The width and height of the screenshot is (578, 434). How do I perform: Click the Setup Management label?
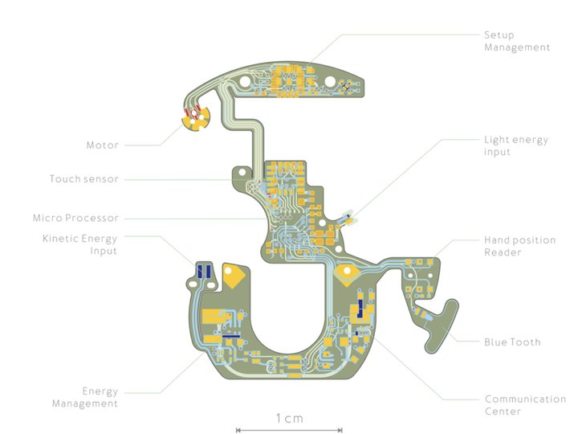click(517, 41)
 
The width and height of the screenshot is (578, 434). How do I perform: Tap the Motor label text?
click(102, 145)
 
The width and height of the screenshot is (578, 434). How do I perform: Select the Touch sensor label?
click(83, 179)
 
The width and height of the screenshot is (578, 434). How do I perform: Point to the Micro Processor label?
click(75, 218)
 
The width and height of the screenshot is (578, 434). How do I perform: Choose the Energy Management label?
click(85, 397)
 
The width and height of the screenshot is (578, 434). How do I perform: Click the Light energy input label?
click(515, 145)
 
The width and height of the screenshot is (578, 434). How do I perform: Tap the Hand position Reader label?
click(515, 246)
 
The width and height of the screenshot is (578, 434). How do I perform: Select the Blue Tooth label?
click(512, 342)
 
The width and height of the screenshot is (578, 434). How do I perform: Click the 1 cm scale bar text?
click(289, 418)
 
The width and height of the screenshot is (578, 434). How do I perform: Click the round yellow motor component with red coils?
click(193, 119)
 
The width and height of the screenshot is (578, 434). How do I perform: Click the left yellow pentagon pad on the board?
click(234, 276)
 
